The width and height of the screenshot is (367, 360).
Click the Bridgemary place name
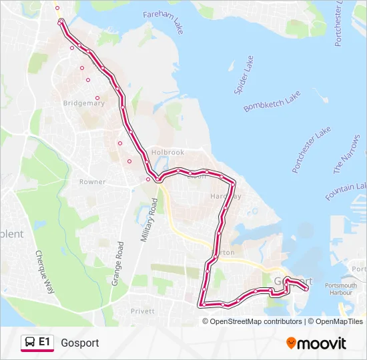pyautogui.click(x=84, y=103)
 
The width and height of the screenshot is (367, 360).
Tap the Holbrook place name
pyautogui.click(x=167, y=152)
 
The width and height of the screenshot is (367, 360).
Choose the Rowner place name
pyautogui.click(x=92, y=181)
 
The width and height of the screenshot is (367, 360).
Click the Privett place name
pyautogui.click(x=143, y=310)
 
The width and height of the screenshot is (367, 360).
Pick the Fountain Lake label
pyautogui.click(x=346, y=191)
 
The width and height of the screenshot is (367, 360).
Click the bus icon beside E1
pyautogui.click(x=30, y=342)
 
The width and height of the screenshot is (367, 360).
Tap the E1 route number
pyautogui.click(x=44, y=342)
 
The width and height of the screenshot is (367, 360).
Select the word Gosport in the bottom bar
pyautogui.click(x=79, y=343)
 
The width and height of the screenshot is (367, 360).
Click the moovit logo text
pyautogui.click(x=322, y=343)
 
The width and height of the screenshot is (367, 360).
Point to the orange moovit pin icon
pyautogui.click(x=291, y=343)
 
